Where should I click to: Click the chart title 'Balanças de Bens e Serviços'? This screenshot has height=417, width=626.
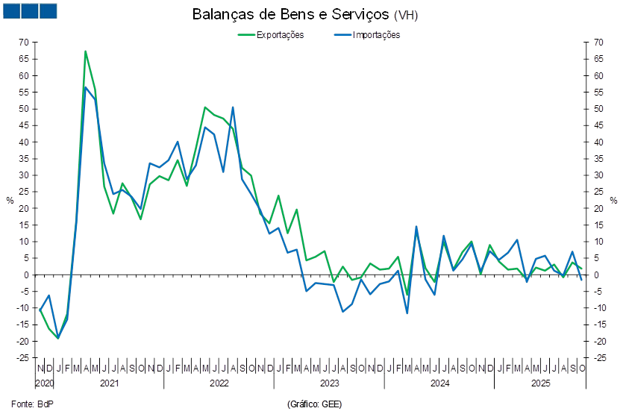pos(305,15)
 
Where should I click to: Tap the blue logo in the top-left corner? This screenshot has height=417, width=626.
pos(30,10)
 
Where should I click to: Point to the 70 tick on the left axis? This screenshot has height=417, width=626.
pos(24,43)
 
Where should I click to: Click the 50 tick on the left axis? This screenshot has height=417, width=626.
pos(24,109)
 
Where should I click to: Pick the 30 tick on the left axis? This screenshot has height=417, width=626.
pos(24,175)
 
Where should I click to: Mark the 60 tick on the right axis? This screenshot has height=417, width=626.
pos(598,76)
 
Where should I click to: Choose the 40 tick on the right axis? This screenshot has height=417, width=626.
pos(598,142)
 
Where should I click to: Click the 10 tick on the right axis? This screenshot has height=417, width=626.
pos(598,242)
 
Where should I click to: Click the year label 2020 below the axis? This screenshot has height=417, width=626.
pos(44,383)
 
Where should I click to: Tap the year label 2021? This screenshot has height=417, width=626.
pos(109,383)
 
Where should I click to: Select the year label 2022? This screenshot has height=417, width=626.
pos(219,383)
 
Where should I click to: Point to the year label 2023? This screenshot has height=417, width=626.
pos(328,383)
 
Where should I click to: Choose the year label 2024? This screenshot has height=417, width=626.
pos(438,383)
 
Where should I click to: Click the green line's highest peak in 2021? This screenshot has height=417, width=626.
pos(86,51)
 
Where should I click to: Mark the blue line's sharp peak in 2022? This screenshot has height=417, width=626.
pos(232,107)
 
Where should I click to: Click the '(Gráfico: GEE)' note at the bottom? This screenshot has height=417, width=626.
pos(314,404)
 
